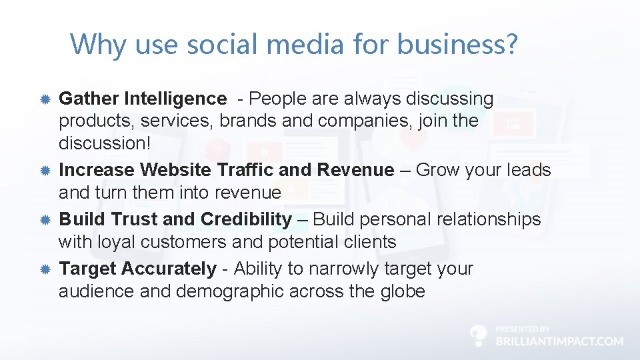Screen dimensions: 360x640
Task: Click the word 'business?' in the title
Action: coord(457,45)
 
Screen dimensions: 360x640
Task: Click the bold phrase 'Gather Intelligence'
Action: coord(143,99)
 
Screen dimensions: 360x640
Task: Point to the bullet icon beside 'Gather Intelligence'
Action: coord(45,99)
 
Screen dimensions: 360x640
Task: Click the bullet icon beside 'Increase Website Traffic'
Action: coord(45,170)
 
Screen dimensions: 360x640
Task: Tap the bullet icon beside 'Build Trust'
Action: coord(45,219)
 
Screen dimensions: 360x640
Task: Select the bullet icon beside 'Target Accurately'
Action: coord(45,269)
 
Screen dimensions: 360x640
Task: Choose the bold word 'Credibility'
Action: coord(246,219)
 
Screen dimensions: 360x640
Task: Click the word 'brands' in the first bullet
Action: coord(248,121)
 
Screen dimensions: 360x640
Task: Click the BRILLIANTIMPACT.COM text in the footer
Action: coord(560,341)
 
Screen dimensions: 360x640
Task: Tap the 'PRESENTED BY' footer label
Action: coord(523,329)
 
